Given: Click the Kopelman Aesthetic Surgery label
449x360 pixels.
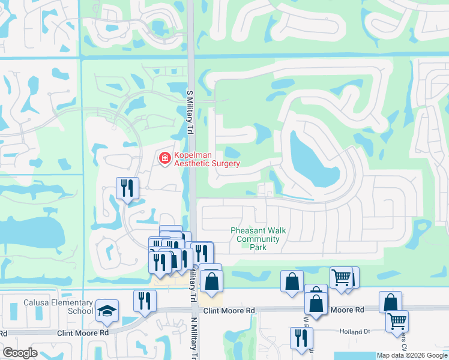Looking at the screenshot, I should pos(206,160).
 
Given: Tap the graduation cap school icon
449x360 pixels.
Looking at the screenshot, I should pos(107,310).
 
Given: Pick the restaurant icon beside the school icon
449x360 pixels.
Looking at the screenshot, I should pos(145,301).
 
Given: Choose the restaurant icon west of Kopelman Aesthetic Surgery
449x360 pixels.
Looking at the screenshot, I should pos(127,188).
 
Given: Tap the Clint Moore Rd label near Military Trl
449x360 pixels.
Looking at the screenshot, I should pos(229,310).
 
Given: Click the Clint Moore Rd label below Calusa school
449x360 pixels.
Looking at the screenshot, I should pos(83,332).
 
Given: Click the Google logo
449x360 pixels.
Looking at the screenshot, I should pos(19,353).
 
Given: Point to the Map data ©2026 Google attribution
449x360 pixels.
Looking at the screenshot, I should pos(413,356).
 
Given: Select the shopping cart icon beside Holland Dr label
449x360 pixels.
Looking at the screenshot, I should pos(397,322).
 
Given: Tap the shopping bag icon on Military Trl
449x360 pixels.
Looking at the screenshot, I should pos(211,281).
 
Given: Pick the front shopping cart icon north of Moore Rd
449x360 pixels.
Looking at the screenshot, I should pos(340,278).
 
